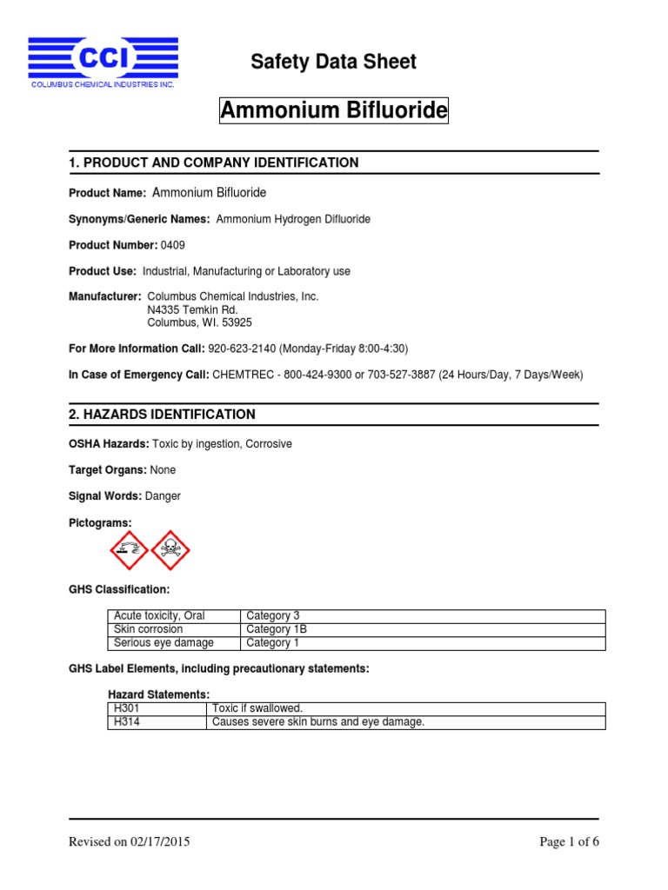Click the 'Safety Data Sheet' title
333,62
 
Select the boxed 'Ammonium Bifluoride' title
334,110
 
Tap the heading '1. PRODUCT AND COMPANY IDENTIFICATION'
213,163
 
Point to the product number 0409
172,246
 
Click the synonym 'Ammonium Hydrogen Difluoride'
292,219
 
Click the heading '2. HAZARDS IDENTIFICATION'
162,415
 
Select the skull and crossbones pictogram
170,549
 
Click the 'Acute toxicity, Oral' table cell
159,615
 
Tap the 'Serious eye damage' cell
164,643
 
